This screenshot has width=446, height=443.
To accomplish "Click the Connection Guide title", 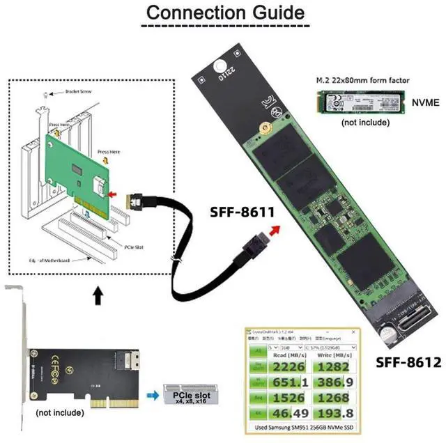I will coord(223,13).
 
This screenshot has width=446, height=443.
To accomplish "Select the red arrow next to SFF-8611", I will coord(277,230).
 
